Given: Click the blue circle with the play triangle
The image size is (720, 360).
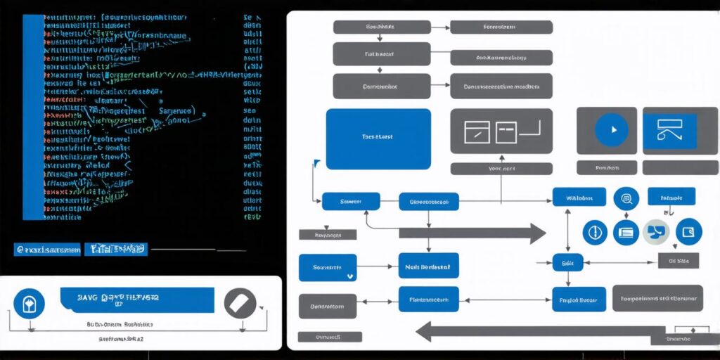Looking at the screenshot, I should [611, 130].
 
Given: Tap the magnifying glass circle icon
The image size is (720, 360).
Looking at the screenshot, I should [625, 198].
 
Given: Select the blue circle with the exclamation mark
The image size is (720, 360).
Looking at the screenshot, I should [594, 232].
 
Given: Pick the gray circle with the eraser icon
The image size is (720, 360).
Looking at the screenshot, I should [240, 303].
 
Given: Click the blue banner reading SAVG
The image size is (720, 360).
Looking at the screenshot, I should [137, 300].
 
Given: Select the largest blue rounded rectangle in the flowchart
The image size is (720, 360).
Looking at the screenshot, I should [378, 139].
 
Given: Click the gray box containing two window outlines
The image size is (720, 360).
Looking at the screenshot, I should [501, 131].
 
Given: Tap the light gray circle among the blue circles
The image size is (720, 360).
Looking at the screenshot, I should [656, 231].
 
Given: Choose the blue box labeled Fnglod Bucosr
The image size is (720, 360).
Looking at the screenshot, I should [579, 299].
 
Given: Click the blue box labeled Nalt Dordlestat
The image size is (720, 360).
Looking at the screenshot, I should [428, 267].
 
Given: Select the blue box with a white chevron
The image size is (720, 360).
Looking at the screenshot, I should [328, 268].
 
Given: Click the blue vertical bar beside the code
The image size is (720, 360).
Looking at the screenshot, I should [33, 116].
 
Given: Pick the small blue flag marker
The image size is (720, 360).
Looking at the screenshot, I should [317, 163].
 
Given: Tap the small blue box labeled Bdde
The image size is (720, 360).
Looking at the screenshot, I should [567, 262].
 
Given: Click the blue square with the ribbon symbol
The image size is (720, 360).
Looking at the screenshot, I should [669, 131].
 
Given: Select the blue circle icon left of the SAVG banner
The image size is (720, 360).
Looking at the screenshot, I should [29, 303].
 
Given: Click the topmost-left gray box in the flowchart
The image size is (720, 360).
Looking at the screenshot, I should [382, 27].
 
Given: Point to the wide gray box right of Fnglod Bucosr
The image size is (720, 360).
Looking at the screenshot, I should [657, 298].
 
